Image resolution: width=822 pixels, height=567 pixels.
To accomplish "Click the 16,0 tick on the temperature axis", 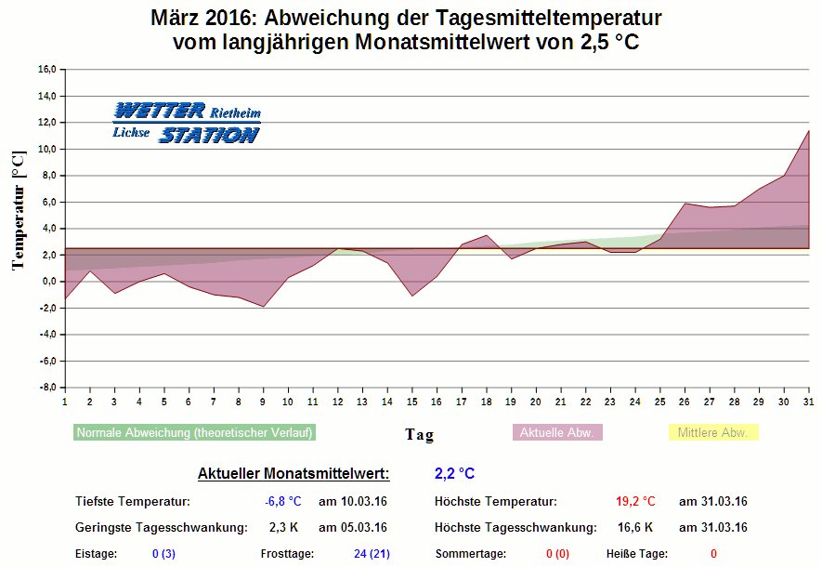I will click(46, 70).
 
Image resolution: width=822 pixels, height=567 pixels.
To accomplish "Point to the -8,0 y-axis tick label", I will click(46, 388).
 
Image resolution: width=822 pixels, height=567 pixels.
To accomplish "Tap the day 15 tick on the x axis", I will click(411, 402).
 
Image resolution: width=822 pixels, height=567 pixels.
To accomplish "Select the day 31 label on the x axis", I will click(808, 402).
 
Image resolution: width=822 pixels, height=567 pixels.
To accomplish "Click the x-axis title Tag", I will click(419, 434).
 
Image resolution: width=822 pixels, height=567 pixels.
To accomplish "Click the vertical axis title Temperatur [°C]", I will click(18, 211).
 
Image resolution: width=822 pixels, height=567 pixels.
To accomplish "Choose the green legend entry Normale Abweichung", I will click(194, 432).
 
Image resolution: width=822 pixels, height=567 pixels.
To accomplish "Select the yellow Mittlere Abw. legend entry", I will click(713, 432).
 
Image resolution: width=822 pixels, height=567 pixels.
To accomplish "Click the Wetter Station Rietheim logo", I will click(186, 123).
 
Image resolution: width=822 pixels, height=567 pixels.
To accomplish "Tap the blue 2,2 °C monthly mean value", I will click(454, 474).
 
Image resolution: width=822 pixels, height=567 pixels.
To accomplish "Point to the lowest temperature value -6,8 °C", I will click(283, 502).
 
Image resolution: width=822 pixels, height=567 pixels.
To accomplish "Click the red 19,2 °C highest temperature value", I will click(635, 502).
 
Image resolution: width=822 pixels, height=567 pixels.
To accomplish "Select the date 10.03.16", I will click(352, 502).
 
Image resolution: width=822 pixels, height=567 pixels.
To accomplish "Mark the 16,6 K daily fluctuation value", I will click(636, 528).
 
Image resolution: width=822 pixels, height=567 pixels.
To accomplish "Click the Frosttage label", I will click(287, 554).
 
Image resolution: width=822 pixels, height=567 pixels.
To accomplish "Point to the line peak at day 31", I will click(808, 131).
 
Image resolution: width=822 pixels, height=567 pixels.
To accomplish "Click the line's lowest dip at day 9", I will click(263, 307).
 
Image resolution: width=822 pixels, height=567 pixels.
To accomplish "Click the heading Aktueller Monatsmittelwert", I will click(294, 474).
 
